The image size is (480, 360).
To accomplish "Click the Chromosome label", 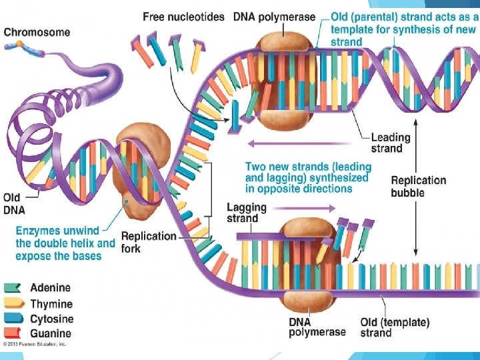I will [x=37, y=32].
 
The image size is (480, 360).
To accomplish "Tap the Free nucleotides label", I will [x=183, y=17].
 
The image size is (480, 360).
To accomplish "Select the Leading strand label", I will [x=390, y=143].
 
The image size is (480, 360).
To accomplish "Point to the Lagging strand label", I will [x=246, y=213].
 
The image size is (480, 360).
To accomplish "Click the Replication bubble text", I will [x=418, y=186].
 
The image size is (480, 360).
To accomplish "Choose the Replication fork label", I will [x=149, y=242].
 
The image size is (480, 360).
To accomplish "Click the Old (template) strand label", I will [x=395, y=327].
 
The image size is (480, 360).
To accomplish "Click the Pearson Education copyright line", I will [x=35, y=344].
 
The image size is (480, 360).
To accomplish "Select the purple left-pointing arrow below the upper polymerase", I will [x=300, y=143].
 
